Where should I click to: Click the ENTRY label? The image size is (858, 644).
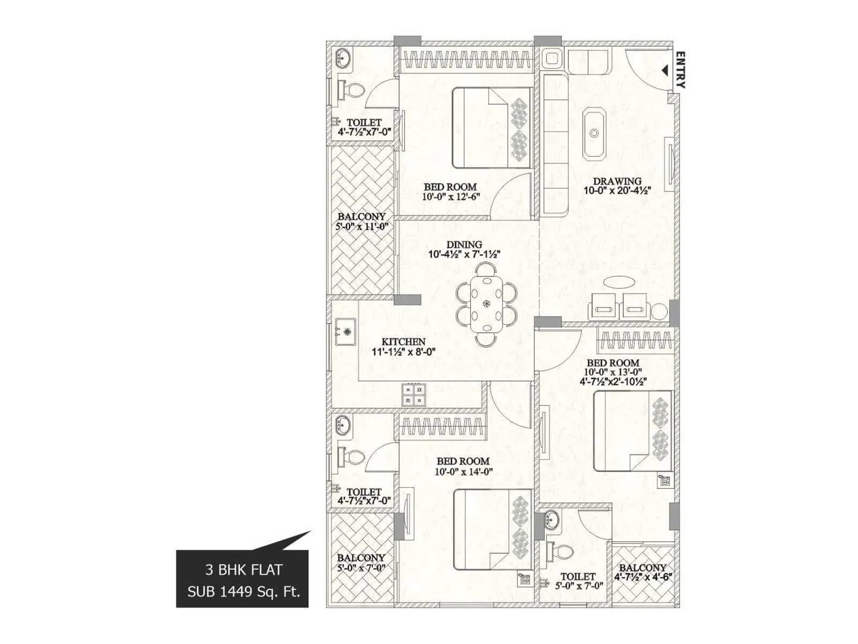681,70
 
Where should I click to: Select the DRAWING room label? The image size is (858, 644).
617,181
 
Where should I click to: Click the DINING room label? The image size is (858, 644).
464,245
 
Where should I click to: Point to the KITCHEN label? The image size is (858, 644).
403,342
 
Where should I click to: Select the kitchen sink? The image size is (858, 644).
345,332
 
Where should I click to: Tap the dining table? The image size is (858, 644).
486,304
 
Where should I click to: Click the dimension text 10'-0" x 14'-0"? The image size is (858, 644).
464,472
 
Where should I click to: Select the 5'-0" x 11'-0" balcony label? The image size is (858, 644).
361,226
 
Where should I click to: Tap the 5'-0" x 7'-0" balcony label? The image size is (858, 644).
361,568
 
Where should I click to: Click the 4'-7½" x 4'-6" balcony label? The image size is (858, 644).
643,577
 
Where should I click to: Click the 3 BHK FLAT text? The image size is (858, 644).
243,569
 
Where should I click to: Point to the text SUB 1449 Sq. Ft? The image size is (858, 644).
243,592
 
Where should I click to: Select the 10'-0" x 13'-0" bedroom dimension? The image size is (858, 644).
612,372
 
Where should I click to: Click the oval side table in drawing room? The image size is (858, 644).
618,282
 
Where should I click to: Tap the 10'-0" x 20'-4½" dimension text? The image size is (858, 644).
617,191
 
